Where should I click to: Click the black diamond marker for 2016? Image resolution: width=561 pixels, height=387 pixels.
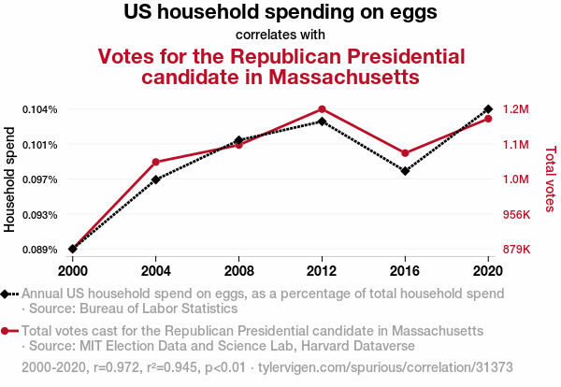pos(405,171)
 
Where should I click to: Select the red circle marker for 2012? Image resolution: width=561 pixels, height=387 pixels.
pos(323,109)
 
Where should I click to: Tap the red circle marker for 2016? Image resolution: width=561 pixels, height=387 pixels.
pos(405,153)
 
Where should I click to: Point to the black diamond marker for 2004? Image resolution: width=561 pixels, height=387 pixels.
pos(156,179)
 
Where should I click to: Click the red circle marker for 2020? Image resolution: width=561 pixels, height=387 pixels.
pos(488,119)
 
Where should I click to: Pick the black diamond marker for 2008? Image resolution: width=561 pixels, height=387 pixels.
pos(239,140)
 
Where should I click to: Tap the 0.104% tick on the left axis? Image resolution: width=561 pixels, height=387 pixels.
pos(40,109)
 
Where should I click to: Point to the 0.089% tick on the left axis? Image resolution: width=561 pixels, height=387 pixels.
pos(40,250)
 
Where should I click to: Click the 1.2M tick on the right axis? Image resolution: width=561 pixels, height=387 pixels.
pos(515,109)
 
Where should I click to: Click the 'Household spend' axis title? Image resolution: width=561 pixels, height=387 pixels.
pos(10,179)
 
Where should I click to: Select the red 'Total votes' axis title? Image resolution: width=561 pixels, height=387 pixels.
pos(550,179)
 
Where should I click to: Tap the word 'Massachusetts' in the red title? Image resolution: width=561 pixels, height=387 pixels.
pos(333,77)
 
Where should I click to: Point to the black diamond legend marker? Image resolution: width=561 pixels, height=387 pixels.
pos(7,294)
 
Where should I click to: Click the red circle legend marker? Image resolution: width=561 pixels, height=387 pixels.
pos(7,331)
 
